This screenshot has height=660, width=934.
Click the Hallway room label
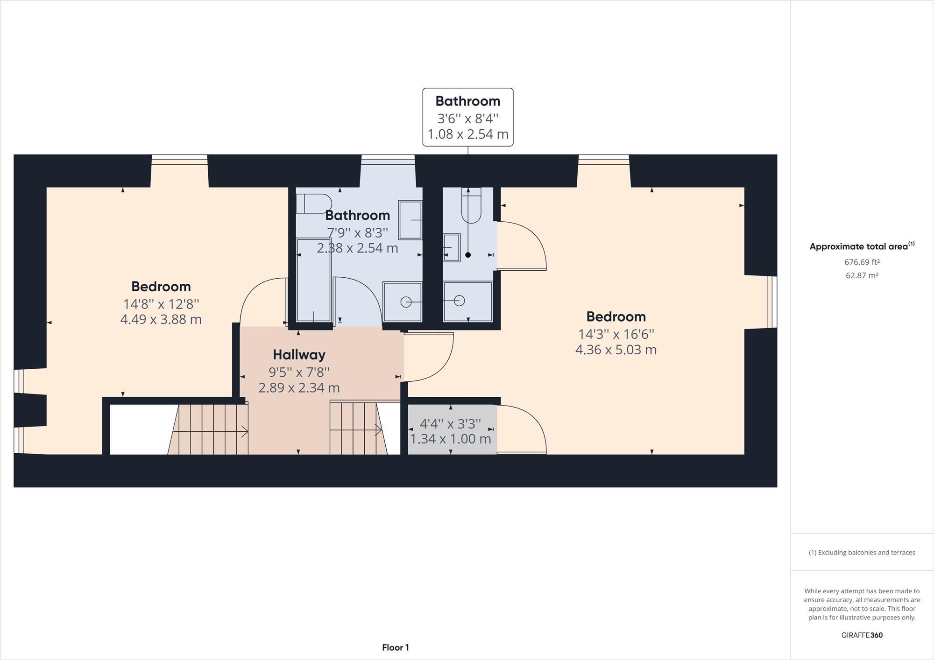[x=299, y=355]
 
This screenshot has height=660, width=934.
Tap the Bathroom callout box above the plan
[x=467, y=117]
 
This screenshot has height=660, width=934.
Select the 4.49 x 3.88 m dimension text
[x=161, y=320]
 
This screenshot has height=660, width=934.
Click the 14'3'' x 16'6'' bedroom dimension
[x=616, y=334]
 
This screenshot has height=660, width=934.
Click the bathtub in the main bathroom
[x=314, y=280]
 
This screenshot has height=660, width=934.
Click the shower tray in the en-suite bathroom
[x=467, y=302]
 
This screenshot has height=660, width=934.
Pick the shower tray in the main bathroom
[x=402, y=302]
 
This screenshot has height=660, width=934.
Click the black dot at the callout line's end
[x=468, y=255]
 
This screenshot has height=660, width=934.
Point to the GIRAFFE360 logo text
[x=862, y=635]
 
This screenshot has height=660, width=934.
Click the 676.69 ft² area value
[x=862, y=262]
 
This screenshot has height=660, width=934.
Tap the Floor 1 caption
[x=395, y=647]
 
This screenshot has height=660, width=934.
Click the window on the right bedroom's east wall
[x=771, y=302]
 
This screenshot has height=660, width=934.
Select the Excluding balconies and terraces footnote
[x=862, y=553]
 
